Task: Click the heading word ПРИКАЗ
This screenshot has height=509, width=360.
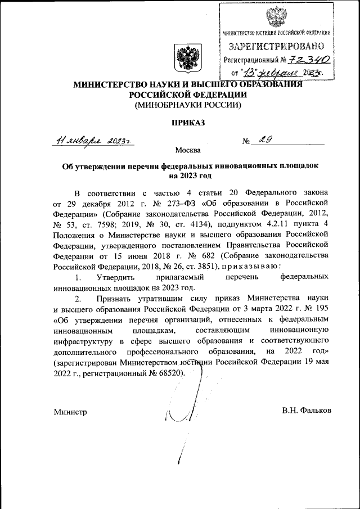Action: tap(186, 121)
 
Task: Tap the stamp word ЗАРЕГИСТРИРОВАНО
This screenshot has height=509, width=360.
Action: tap(276, 46)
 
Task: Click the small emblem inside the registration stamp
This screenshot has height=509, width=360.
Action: tap(276, 16)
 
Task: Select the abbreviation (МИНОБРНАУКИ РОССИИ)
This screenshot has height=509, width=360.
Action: tap(186, 105)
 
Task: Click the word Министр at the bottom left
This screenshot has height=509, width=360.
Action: tap(70, 411)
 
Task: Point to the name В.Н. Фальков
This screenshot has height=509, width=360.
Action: tap(307, 411)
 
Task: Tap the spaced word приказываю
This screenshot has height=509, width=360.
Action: tap(246, 267)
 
